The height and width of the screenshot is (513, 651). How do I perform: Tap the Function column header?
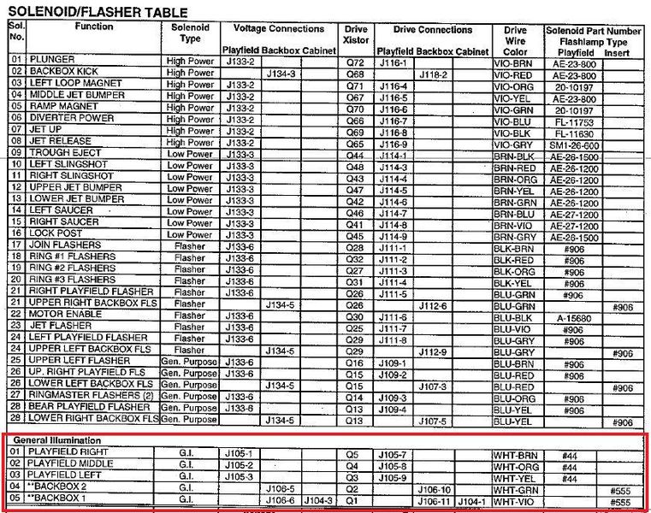(x=93, y=27)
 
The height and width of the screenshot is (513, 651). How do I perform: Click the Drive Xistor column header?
(x=355, y=36)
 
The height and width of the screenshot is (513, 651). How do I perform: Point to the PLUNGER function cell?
(x=52, y=61)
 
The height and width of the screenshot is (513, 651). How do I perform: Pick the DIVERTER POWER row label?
(x=72, y=119)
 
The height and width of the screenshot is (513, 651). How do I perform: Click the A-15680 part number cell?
(x=566, y=315)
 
